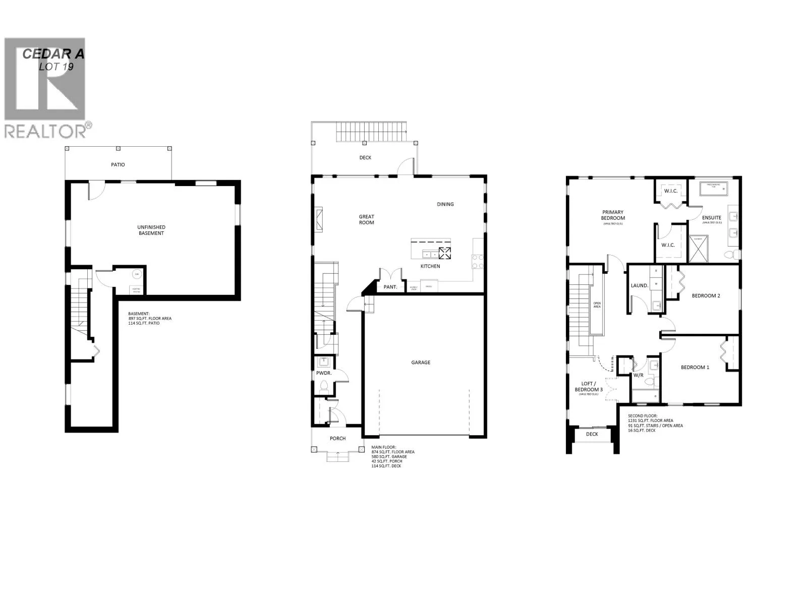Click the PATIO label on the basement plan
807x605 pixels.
(x=118, y=165)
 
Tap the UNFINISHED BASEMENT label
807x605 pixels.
(x=151, y=230)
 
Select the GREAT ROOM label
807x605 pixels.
(x=367, y=219)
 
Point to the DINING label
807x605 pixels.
(x=445, y=204)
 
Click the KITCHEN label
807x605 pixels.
(x=431, y=266)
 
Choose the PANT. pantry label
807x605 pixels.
(x=390, y=287)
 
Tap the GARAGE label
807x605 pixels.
(x=421, y=362)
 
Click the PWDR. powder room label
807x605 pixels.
(x=323, y=373)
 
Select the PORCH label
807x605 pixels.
(x=338, y=439)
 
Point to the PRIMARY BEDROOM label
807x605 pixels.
(x=613, y=215)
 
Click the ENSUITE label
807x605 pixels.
(x=712, y=218)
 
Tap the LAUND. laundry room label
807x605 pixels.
(x=640, y=286)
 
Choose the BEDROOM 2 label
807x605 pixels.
(x=706, y=296)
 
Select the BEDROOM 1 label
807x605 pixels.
(x=695, y=368)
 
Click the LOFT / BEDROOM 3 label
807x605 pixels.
(x=589, y=387)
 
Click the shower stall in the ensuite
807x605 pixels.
(x=699, y=250)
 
